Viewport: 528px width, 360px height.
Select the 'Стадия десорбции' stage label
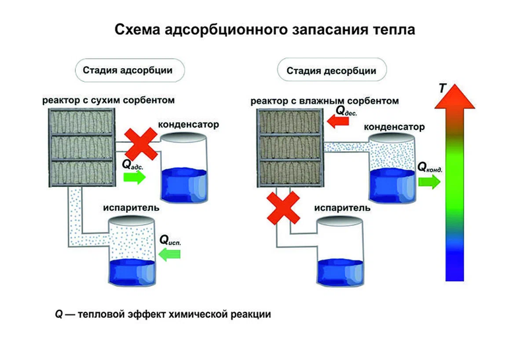[x=331, y=70]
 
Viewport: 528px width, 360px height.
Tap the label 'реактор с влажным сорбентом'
[x=325, y=101]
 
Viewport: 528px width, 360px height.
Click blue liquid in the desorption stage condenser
[x=391, y=183]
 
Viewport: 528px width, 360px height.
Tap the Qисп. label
[x=170, y=241]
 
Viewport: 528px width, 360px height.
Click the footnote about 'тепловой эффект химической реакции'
[x=163, y=314]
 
